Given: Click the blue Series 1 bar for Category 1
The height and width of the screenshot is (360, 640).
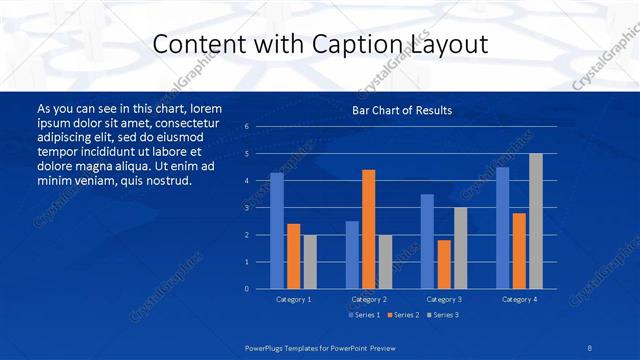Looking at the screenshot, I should (x=277, y=231).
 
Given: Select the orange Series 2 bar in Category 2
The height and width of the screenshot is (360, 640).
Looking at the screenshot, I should (x=368, y=229).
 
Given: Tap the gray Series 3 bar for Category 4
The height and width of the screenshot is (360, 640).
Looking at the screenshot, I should (x=536, y=221).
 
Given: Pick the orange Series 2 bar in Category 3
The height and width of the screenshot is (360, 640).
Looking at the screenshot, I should (x=444, y=264).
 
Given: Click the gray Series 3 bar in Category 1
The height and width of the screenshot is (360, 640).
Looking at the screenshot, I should (x=310, y=262).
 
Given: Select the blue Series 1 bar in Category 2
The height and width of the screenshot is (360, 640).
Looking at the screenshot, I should (x=352, y=255).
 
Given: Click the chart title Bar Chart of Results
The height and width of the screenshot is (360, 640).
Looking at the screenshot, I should (x=402, y=110).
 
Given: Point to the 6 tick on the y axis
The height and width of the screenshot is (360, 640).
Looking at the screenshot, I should (x=246, y=127).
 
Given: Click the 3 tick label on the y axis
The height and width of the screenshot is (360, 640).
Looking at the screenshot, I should (x=246, y=208).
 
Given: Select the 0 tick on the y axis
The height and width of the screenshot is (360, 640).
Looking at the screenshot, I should (x=246, y=289).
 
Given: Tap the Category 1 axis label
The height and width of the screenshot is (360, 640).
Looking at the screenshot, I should (x=293, y=299).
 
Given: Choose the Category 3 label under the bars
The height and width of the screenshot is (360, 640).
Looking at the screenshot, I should (x=444, y=299).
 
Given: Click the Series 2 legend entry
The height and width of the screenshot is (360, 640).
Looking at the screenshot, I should (x=404, y=315).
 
